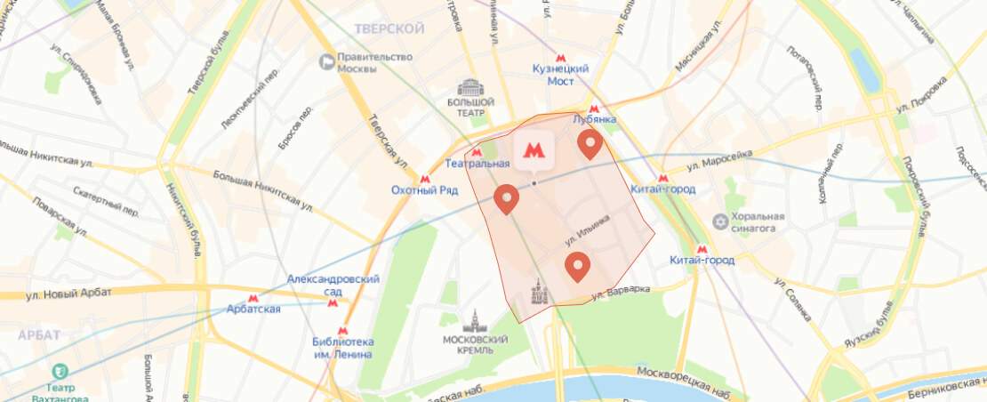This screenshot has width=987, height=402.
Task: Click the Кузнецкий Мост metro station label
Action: click(560, 74)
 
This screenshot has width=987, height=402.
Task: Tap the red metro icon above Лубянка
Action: click(594, 109)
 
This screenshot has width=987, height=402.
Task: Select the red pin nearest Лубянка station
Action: click(590, 143)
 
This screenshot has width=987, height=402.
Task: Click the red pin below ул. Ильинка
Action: click(577, 265)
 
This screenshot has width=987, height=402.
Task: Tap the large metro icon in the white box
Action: click(533, 149)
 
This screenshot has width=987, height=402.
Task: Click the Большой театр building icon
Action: click(469, 88)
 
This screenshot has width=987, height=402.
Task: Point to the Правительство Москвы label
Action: click(375, 63)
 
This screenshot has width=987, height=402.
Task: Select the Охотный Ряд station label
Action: click(424, 189)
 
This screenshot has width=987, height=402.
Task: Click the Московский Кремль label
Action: click(475, 345)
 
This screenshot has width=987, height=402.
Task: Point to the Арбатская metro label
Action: click(253, 309)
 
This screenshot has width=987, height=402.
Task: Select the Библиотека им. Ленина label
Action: click(343, 348)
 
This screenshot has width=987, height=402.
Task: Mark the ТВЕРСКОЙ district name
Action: click(389, 29)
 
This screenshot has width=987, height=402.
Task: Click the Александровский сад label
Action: click(333, 285)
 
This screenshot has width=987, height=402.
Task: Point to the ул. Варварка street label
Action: click(622, 290)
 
